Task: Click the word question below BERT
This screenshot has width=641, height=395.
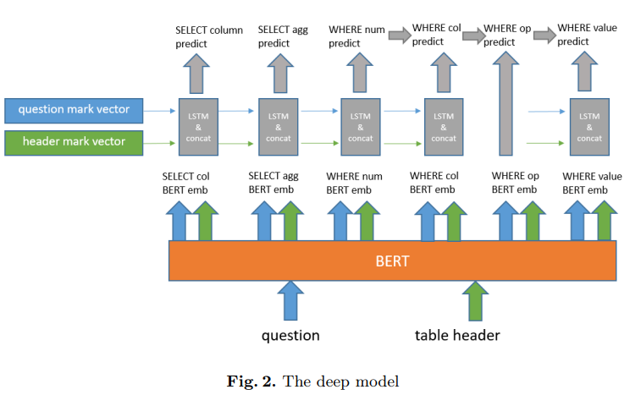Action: coord(290,335)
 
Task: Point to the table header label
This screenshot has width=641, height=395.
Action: coord(457,335)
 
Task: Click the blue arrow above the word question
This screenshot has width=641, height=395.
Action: coord(290,300)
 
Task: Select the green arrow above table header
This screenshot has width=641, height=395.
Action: coord(474,300)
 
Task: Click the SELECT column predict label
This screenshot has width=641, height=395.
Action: coord(208,36)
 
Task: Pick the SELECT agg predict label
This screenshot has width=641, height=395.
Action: coord(282,36)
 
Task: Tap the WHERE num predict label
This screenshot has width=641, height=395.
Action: coord(356,36)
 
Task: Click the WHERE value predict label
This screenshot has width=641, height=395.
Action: coord(587,34)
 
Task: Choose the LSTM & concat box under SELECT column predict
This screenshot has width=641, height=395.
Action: coord(196,126)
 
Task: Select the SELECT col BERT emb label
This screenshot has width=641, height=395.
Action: coord(185,183)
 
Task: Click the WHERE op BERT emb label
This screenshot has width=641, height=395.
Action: coord(514,183)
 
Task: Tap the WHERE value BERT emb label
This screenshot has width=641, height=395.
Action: coord(592,183)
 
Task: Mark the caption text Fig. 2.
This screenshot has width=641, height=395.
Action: coord(251,381)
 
